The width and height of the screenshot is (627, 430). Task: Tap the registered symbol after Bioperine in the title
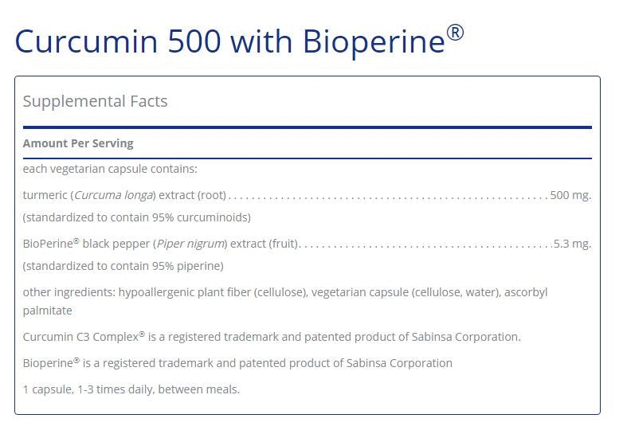pos(455,33)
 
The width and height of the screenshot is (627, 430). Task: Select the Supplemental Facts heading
pos(95,101)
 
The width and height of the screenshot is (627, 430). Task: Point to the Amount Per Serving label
pos(78,143)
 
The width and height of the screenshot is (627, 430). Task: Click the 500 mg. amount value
pos(570,194)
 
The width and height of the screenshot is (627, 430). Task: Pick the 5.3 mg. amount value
pos(572,244)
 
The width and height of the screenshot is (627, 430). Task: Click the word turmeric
pos(45,194)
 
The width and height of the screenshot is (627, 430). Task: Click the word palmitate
pos(47,311)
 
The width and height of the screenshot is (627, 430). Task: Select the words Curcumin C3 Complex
pos(80,337)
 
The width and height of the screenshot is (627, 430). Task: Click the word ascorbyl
pos(525,292)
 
